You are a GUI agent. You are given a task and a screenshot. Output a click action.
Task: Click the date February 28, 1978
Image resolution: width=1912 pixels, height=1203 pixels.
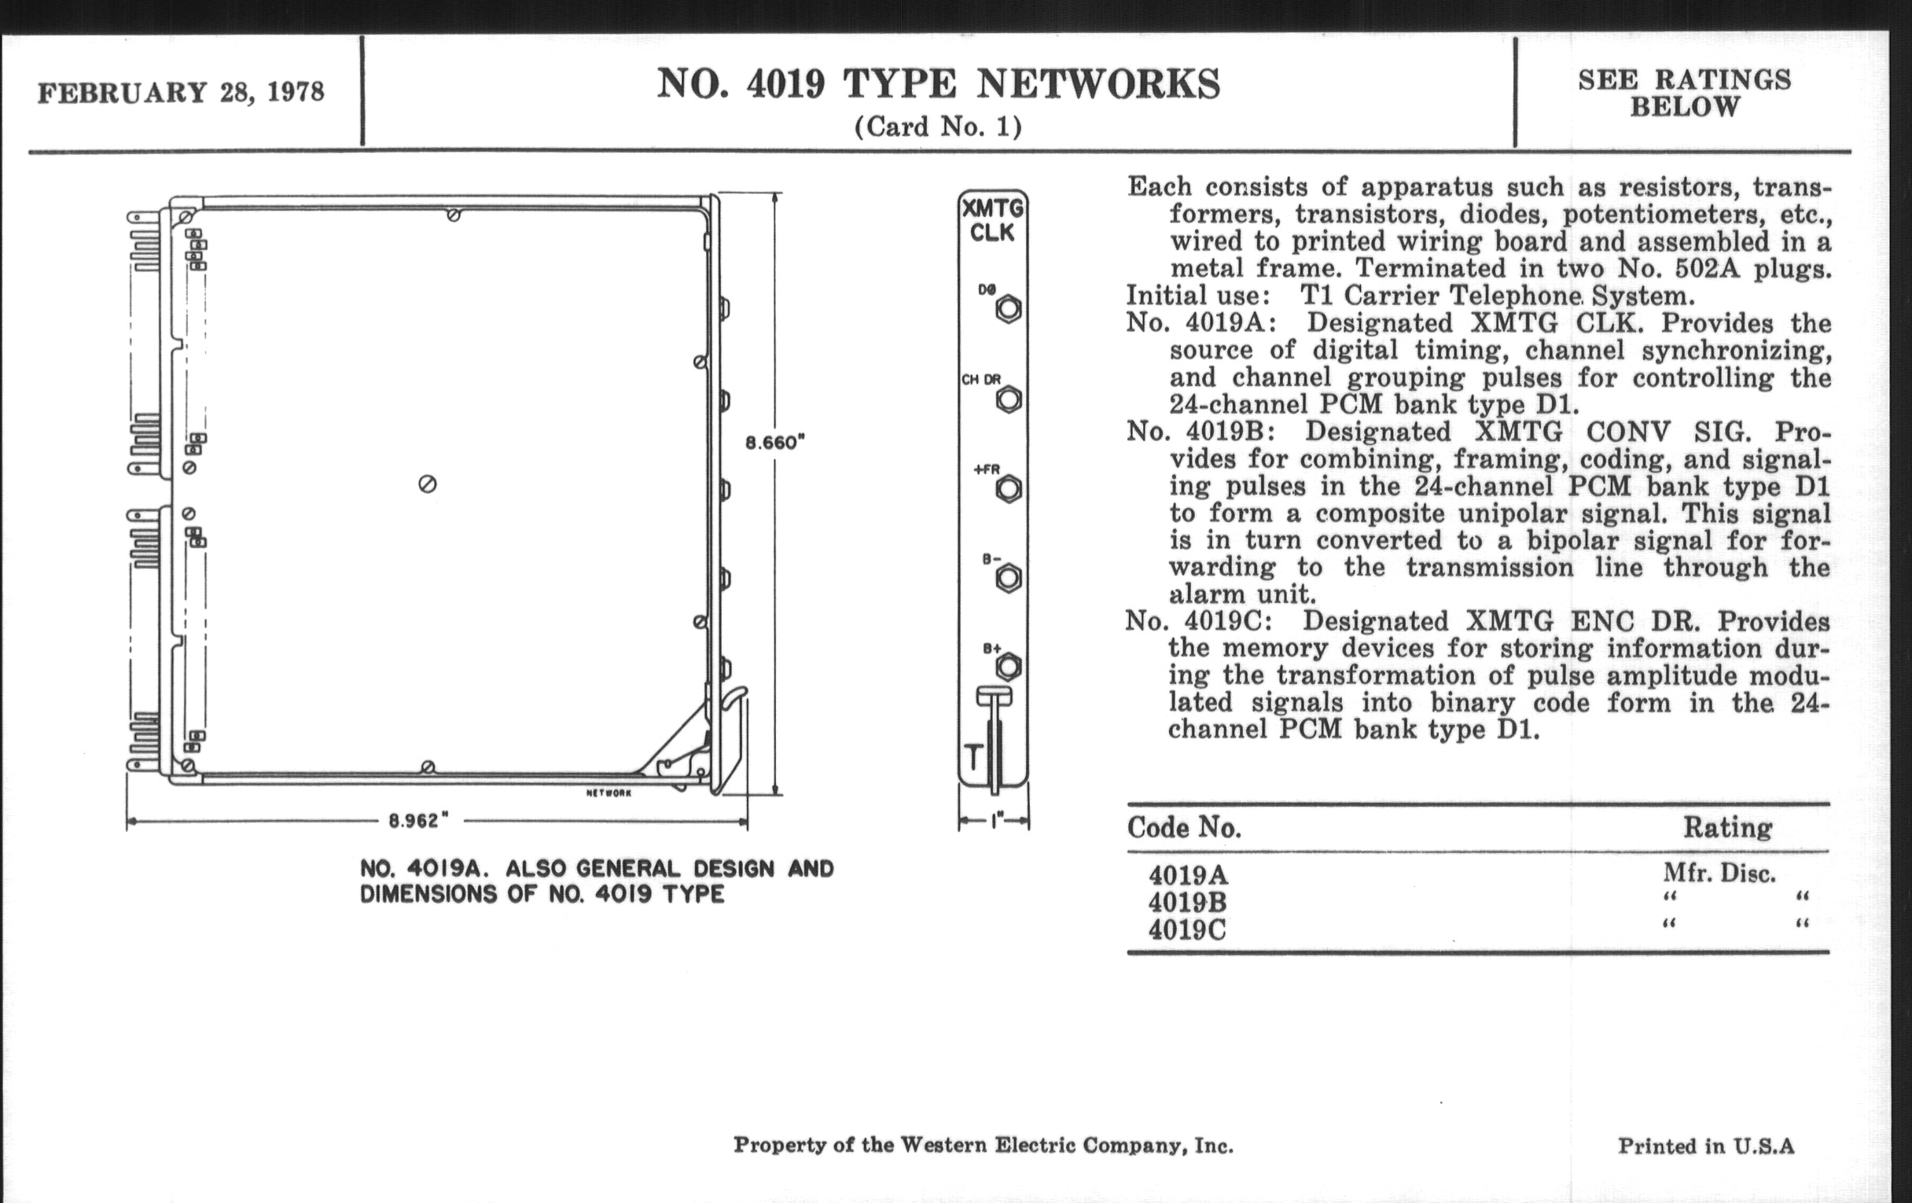(181, 92)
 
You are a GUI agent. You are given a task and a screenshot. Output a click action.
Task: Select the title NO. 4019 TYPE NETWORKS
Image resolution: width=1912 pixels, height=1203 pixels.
(939, 84)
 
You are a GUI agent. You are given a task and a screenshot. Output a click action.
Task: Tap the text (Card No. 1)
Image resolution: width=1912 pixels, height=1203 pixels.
(938, 127)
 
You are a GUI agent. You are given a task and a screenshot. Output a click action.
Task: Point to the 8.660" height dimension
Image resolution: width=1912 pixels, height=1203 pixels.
(775, 443)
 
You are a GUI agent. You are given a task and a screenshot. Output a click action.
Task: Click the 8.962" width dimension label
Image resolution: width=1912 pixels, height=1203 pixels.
(413, 821)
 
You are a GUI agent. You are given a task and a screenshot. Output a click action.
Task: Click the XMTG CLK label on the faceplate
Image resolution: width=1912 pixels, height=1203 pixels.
(992, 221)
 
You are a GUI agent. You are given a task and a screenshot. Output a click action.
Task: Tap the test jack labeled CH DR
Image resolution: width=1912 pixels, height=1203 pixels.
(1009, 399)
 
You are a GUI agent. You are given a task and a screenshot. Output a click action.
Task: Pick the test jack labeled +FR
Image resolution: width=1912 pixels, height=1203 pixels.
(1009, 488)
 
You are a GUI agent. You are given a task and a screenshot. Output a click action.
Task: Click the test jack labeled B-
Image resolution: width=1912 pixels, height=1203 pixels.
(1009, 578)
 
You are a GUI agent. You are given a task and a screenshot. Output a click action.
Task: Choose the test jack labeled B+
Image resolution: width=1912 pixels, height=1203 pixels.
(1009, 667)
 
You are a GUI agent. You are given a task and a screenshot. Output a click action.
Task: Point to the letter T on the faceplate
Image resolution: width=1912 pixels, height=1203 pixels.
(973, 757)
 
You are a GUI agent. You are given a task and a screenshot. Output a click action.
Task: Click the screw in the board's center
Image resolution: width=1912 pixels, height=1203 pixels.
(427, 484)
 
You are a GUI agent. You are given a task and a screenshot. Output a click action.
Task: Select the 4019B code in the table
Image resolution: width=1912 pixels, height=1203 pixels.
(1188, 903)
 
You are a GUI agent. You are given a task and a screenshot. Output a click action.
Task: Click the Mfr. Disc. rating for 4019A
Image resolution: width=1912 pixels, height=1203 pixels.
(1719, 874)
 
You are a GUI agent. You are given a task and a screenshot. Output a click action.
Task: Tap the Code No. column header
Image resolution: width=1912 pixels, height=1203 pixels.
(1184, 828)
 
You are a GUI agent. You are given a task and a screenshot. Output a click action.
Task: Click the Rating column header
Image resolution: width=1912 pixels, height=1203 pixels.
(1728, 828)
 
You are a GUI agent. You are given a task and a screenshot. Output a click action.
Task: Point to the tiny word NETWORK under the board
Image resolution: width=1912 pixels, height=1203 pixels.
(609, 793)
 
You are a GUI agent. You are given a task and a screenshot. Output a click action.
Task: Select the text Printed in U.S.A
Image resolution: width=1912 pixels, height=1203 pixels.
(1706, 1146)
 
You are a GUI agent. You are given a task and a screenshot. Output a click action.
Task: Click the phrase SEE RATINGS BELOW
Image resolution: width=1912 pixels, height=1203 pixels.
(1685, 93)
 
